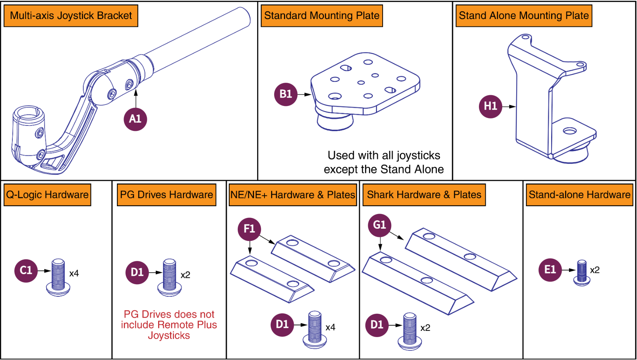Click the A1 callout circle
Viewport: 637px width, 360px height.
click(135, 119)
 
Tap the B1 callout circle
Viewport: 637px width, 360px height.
click(285, 94)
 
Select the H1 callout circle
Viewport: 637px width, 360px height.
click(490, 106)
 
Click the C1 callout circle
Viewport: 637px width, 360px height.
click(26, 271)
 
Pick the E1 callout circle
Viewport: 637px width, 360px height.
click(550, 270)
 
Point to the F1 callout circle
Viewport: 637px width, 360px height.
click(249, 229)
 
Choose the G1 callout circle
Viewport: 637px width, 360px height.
click(379, 225)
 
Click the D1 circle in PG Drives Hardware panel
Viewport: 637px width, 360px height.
click(137, 273)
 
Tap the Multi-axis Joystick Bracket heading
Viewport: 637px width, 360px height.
click(71, 16)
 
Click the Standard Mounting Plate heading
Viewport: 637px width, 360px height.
click(322, 16)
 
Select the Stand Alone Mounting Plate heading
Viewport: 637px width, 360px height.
click(524, 16)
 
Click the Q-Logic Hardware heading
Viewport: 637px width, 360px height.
click(47, 195)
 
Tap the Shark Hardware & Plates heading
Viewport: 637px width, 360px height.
click(424, 195)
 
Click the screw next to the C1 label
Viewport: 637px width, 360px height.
click(58, 277)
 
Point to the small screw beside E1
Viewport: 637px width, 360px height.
click(582, 273)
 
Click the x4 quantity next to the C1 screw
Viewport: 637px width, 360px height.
click(74, 274)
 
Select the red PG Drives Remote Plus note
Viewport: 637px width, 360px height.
click(169, 325)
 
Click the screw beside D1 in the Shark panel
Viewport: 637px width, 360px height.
click(410, 331)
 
